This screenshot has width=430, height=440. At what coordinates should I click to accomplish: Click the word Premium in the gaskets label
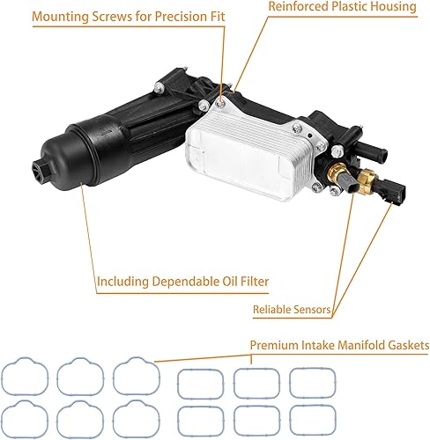[x=274, y=346]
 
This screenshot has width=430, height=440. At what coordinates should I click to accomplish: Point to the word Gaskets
[x=406, y=346]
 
